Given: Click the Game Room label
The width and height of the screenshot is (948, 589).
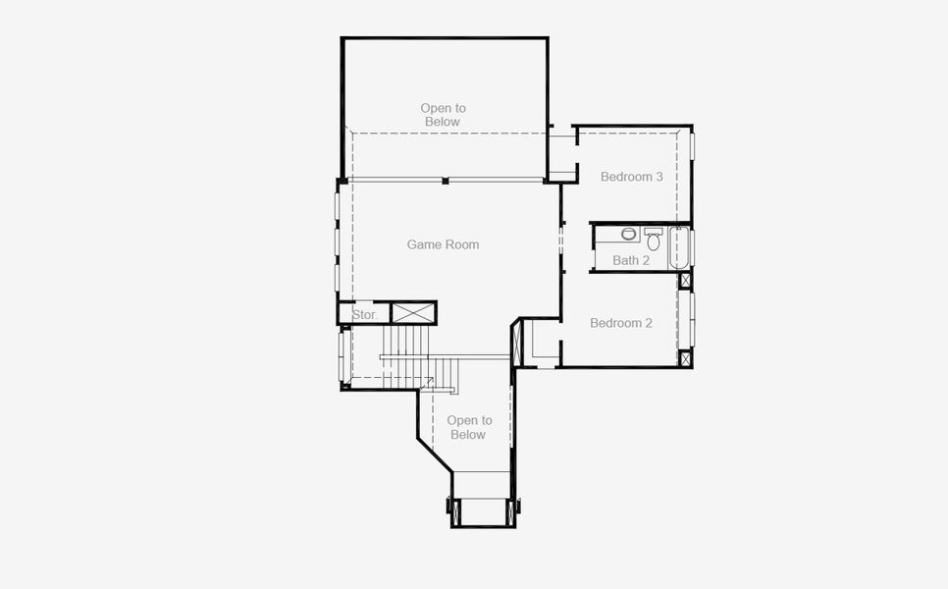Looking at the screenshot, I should coord(443,244).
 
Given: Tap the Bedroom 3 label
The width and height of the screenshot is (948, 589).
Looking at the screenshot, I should coord(632,177).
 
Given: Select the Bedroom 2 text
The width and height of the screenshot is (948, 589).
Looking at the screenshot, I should coord(620,323).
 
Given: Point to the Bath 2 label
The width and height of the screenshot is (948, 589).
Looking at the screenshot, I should coord(631,260).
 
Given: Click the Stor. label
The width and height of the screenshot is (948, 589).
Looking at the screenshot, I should coord(364,315).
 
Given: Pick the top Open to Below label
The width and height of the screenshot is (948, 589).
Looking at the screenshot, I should coord(443,115).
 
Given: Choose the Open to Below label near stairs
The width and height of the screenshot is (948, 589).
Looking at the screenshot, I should coord(469,427).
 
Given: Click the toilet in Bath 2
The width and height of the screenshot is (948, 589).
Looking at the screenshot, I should coord(654,240).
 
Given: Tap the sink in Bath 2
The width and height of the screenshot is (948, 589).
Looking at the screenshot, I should coord(629,234).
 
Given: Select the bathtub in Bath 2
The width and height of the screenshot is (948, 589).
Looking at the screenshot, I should coord(679,248).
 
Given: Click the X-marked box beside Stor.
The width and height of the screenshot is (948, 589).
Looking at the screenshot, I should coord(413,313).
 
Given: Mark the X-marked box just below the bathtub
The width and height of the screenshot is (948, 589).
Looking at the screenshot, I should coord(685,281).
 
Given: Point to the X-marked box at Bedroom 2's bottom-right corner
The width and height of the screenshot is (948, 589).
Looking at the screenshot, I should coord(685,359).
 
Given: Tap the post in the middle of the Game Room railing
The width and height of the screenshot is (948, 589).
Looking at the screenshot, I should coord(445,181).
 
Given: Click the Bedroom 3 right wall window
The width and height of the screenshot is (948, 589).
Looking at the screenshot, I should coord(692,144).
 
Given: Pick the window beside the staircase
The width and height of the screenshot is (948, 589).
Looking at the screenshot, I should coord(342,354).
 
